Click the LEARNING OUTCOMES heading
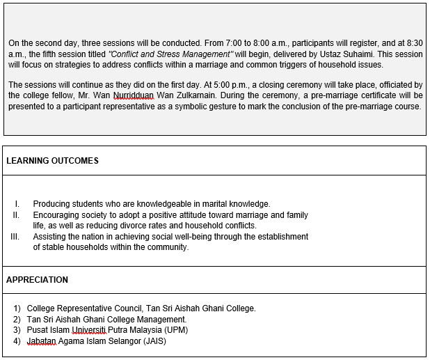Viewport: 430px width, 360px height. [x=52, y=161]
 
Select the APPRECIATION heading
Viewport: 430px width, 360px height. [x=37, y=280]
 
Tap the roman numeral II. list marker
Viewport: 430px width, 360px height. [x=16, y=215]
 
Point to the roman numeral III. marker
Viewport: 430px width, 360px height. [x=15, y=237]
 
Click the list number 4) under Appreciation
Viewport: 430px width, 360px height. [x=17, y=341]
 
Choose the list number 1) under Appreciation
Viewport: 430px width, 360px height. [x=17, y=308]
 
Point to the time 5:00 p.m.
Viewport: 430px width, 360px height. [x=217, y=85]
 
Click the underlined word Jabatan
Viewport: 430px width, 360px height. [x=42, y=341]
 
